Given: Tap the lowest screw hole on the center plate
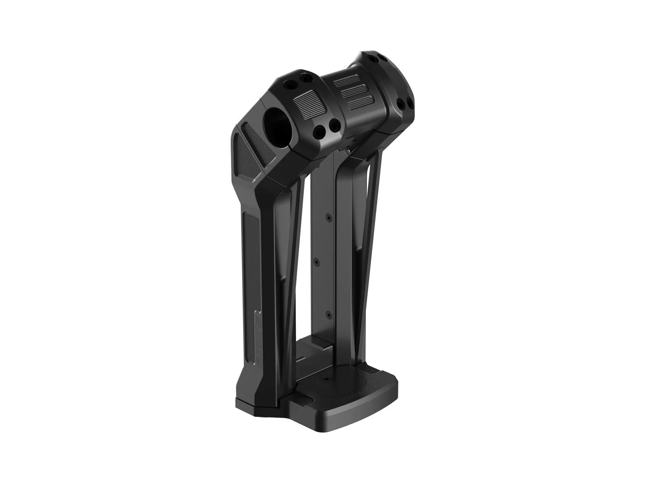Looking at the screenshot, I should coord(330,313).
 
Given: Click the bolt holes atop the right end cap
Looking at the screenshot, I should coord(373,56).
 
